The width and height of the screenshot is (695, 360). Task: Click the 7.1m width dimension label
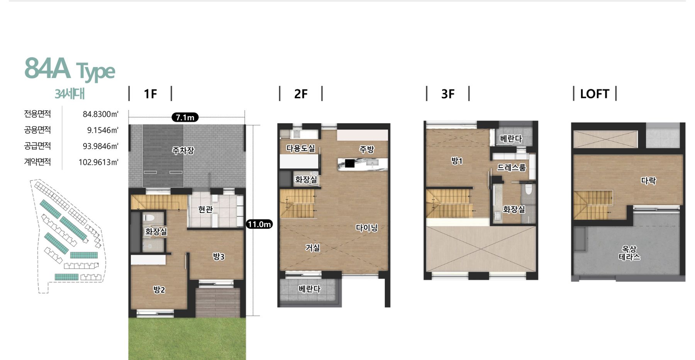[x=185, y=117]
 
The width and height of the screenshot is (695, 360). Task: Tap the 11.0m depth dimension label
[x=259, y=224]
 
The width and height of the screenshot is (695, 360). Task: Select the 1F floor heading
[x=150, y=94]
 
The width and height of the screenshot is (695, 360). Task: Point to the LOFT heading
[x=595, y=94]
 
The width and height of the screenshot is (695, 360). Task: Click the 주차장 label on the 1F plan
[x=183, y=150]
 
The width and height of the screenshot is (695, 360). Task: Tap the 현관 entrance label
[x=205, y=209]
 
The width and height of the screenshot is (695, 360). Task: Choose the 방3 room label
[x=219, y=256]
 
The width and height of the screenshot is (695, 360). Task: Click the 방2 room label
[x=159, y=289]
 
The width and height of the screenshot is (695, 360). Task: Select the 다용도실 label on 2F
[x=301, y=148]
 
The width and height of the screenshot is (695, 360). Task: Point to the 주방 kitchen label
[x=366, y=149]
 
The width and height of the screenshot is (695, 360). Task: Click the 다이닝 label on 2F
[x=366, y=228]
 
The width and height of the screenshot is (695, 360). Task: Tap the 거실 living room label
[x=313, y=247]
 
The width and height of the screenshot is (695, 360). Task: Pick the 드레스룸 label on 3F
[x=511, y=167]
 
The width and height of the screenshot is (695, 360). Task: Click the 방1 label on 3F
[x=457, y=161]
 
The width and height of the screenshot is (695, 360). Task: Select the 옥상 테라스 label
[x=629, y=253]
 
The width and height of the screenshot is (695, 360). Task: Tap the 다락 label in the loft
[x=648, y=180]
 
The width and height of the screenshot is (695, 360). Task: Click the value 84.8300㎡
[x=100, y=114]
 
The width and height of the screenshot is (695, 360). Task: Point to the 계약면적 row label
[x=37, y=162]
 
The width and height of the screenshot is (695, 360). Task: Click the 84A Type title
[x=70, y=69]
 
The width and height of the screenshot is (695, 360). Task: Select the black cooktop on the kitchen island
[x=350, y=163]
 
